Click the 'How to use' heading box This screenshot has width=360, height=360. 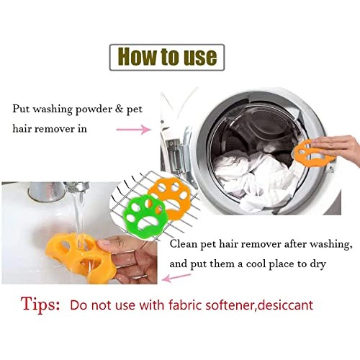(166, 57)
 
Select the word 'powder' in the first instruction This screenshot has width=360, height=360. (94, 109)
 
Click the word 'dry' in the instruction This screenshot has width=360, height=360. (317, 264)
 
